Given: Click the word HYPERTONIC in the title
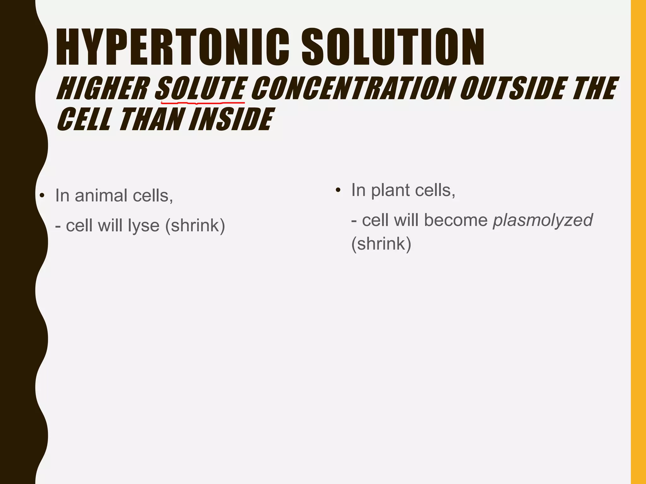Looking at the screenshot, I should coord(172,47).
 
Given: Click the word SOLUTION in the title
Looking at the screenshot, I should coord(393,47).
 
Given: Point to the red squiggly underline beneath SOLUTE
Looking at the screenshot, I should coord(202,102).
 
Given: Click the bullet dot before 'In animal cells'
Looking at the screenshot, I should coord(42,196).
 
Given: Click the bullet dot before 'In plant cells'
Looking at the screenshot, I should coord(338,190).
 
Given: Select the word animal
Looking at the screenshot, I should coord(101,196).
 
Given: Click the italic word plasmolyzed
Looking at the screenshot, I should coord(543,220).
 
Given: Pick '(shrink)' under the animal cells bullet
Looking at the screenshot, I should coord(195,226).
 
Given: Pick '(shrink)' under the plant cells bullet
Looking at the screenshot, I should coord(381,244).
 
